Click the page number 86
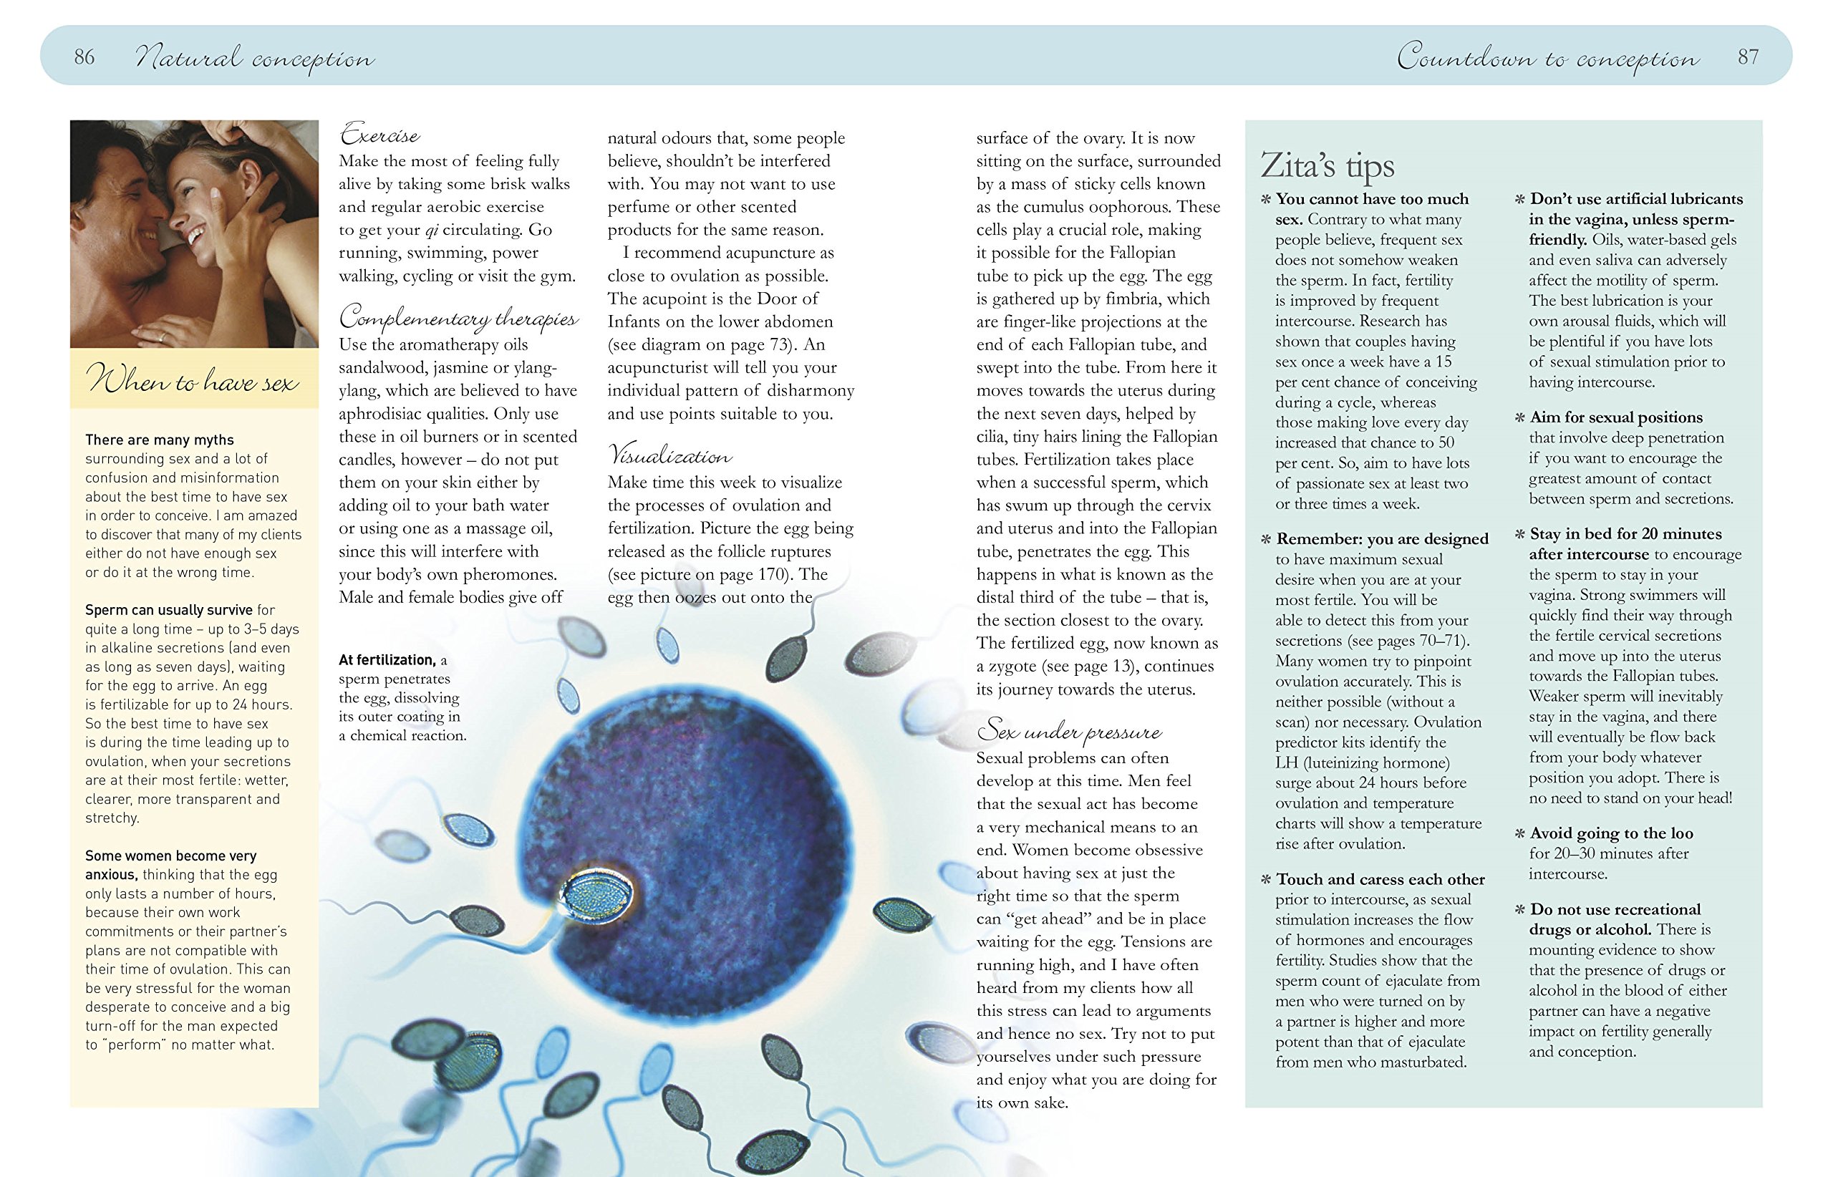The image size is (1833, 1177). point(84,57)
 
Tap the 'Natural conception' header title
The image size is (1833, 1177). point(254,58)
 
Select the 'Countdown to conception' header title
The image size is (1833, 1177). point(1548,57)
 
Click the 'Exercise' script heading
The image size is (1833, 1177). point(380,135)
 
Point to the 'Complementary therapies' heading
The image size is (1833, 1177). point(459,317)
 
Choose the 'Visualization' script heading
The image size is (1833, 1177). point(669,455)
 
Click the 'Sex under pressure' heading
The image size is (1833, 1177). point(1068,732)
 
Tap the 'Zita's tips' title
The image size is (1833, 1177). point(1327,165)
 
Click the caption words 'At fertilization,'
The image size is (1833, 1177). point(387,659)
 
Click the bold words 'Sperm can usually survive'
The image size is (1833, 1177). point(169,610)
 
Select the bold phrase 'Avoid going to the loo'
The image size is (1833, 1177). point(1611,833)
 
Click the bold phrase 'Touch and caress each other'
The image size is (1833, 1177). point(1380,879)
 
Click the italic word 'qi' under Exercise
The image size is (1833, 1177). point(432,230)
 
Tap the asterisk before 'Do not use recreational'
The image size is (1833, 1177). point(1519,909)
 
